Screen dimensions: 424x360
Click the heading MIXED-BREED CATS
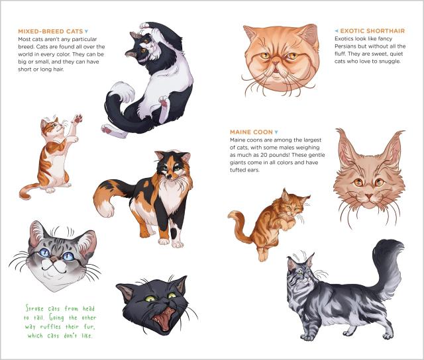50,31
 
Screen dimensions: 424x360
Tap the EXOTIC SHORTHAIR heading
372,31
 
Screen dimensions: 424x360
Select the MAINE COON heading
251,132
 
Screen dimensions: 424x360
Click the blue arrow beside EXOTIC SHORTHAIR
337,31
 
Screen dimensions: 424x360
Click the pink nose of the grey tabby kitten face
54,260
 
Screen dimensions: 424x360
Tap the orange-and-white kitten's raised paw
78,119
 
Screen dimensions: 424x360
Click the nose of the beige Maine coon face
368,195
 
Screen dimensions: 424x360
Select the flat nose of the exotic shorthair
276,64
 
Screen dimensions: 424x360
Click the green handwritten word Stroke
35,308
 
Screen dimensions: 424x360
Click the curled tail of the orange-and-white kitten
27,191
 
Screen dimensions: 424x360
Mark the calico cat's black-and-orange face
172,166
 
